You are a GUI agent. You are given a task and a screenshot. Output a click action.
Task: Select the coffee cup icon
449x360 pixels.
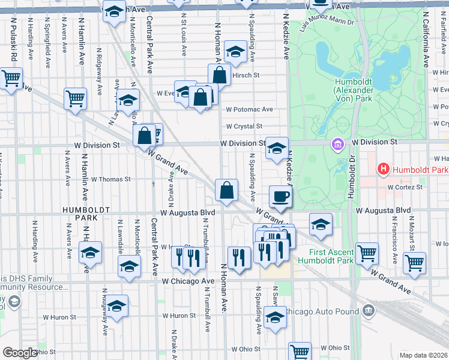[280, 196]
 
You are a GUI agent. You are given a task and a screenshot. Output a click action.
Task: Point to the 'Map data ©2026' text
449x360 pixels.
[424, 355]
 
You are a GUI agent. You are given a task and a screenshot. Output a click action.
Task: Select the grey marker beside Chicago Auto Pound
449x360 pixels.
[369, 311]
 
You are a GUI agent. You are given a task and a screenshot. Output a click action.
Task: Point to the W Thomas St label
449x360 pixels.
[110, 179]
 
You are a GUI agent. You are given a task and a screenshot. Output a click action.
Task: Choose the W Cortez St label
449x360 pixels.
[405, 187]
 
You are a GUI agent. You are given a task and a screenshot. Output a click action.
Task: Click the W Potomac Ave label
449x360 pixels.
[249, 110]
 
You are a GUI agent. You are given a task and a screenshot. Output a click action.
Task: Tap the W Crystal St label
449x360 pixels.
[244, 127]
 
